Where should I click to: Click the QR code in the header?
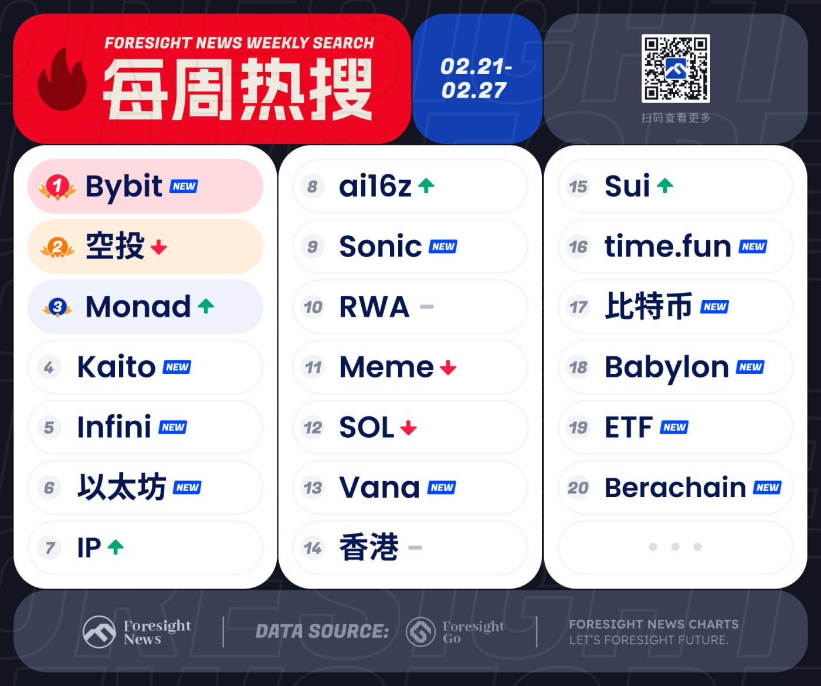point(676,68)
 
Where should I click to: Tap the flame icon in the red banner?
point(62,79)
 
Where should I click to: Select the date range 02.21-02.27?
point(476,78)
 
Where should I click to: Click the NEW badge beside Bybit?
point(184,186)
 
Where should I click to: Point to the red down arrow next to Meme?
point(448,367)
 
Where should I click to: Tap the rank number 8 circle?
point(313,186)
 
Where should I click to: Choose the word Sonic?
point(380,246)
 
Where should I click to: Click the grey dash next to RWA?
point(426,306)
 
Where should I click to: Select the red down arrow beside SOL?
point(408,428)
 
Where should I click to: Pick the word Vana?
point(379,488)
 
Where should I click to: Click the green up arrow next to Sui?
point(665,186)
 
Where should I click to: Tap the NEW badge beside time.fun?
point(752,247)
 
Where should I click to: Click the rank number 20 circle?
point(578,488)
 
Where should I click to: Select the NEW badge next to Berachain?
point(767,488)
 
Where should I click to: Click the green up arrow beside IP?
point(116,547)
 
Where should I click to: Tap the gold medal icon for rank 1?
point(57,187)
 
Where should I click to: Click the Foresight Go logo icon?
point(420,631)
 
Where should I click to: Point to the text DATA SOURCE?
point(322,631)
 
